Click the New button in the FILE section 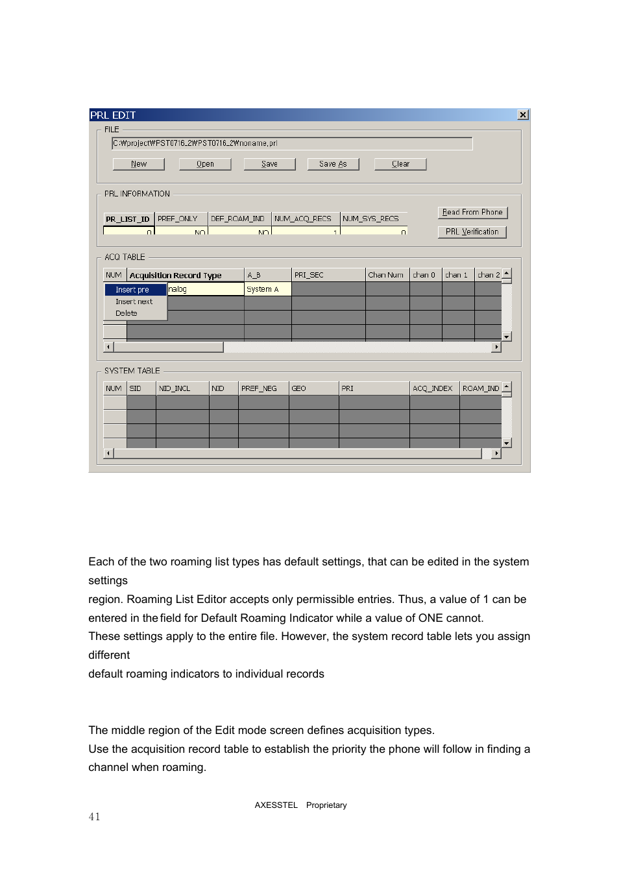138,164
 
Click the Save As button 333,164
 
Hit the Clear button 400,164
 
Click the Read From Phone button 472,212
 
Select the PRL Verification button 472,231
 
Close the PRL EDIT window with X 523,115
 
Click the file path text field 292,143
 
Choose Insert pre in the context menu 135,290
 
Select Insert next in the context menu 134,302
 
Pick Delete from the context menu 127,313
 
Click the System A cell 267,289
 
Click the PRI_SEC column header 328,275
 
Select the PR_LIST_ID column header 128,219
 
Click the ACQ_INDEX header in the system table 433,388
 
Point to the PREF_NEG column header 263,388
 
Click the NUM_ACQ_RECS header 305,219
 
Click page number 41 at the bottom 95,817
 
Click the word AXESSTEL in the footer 276,805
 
